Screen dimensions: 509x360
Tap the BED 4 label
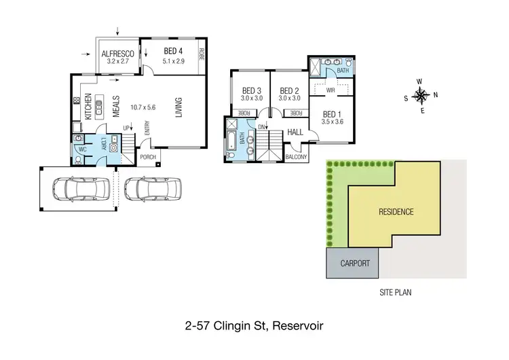tap(173, 51)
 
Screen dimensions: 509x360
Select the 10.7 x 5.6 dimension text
tap(143, 107)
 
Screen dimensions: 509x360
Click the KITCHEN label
tap(87, 107)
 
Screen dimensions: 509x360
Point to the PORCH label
tap(148, 158)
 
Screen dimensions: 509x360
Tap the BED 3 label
tap(251, 90)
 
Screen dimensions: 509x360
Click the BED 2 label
tap(290, 90)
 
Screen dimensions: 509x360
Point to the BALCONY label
tap(296, 158)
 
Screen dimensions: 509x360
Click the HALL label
tap(295, 132)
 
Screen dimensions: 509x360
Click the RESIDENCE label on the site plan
tap(396, 212)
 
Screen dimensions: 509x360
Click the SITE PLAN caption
tap(396, 293)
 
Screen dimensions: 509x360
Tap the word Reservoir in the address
tap(297, 326)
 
